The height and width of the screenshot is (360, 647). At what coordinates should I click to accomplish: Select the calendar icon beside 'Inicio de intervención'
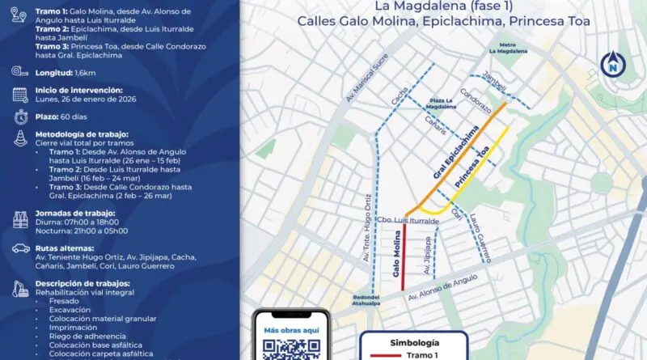pyautogui.click(x=20, y=95)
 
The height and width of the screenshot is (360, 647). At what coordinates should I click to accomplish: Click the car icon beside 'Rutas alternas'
pyautogui.click(x=21, y=249)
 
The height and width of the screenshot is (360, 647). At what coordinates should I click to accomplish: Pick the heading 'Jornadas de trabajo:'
pyautogui.click(x=76, y=213)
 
